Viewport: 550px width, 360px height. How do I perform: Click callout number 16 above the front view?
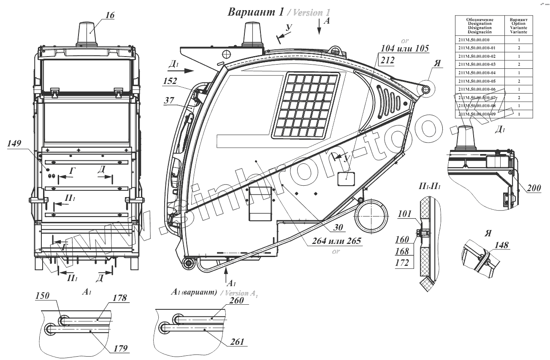(109, 15)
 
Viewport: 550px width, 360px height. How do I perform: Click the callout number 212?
(387, 60)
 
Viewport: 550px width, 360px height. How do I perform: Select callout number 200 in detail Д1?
(534, 189)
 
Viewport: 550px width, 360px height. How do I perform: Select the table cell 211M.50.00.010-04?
(479, 72)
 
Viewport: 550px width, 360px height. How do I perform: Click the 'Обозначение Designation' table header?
(479, 26)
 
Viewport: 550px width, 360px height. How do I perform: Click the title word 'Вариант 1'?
(255, 12)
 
